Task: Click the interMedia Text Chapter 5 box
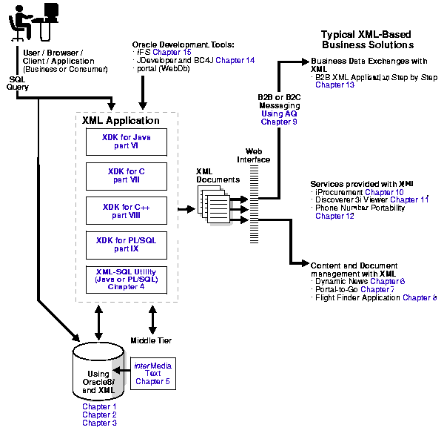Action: click(x=152, y=373)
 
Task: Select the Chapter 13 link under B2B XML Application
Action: click(x=334, y=85)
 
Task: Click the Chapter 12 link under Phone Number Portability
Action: click(x=334, y=217)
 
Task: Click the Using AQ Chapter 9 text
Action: click(x=279, y=117)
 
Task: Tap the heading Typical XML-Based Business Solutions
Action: click(x=366, y=40)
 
